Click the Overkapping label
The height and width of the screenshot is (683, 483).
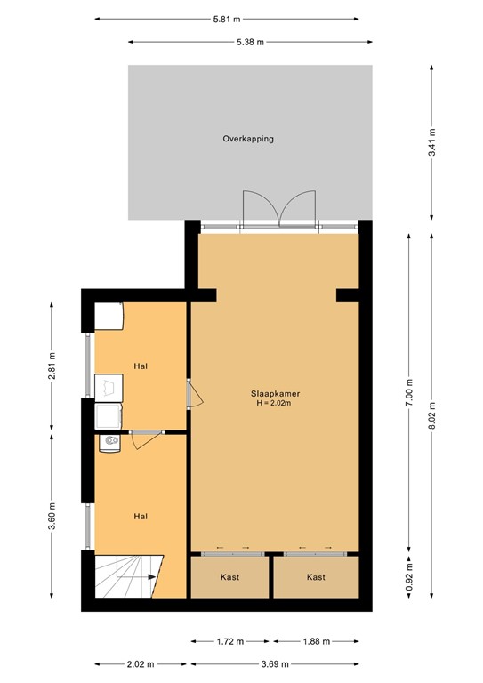click(x=248, y=140)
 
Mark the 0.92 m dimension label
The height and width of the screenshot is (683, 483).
click(x=409, y=576)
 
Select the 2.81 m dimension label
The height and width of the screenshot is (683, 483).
click(x=51, y=367)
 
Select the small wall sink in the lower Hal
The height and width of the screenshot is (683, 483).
click(x=109, y=442)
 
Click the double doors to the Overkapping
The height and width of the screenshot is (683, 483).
click(x=278, y=212)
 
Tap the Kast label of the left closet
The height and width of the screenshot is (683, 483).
click(x=229, y=577)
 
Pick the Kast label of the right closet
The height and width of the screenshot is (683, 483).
click(x=315, y=577)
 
